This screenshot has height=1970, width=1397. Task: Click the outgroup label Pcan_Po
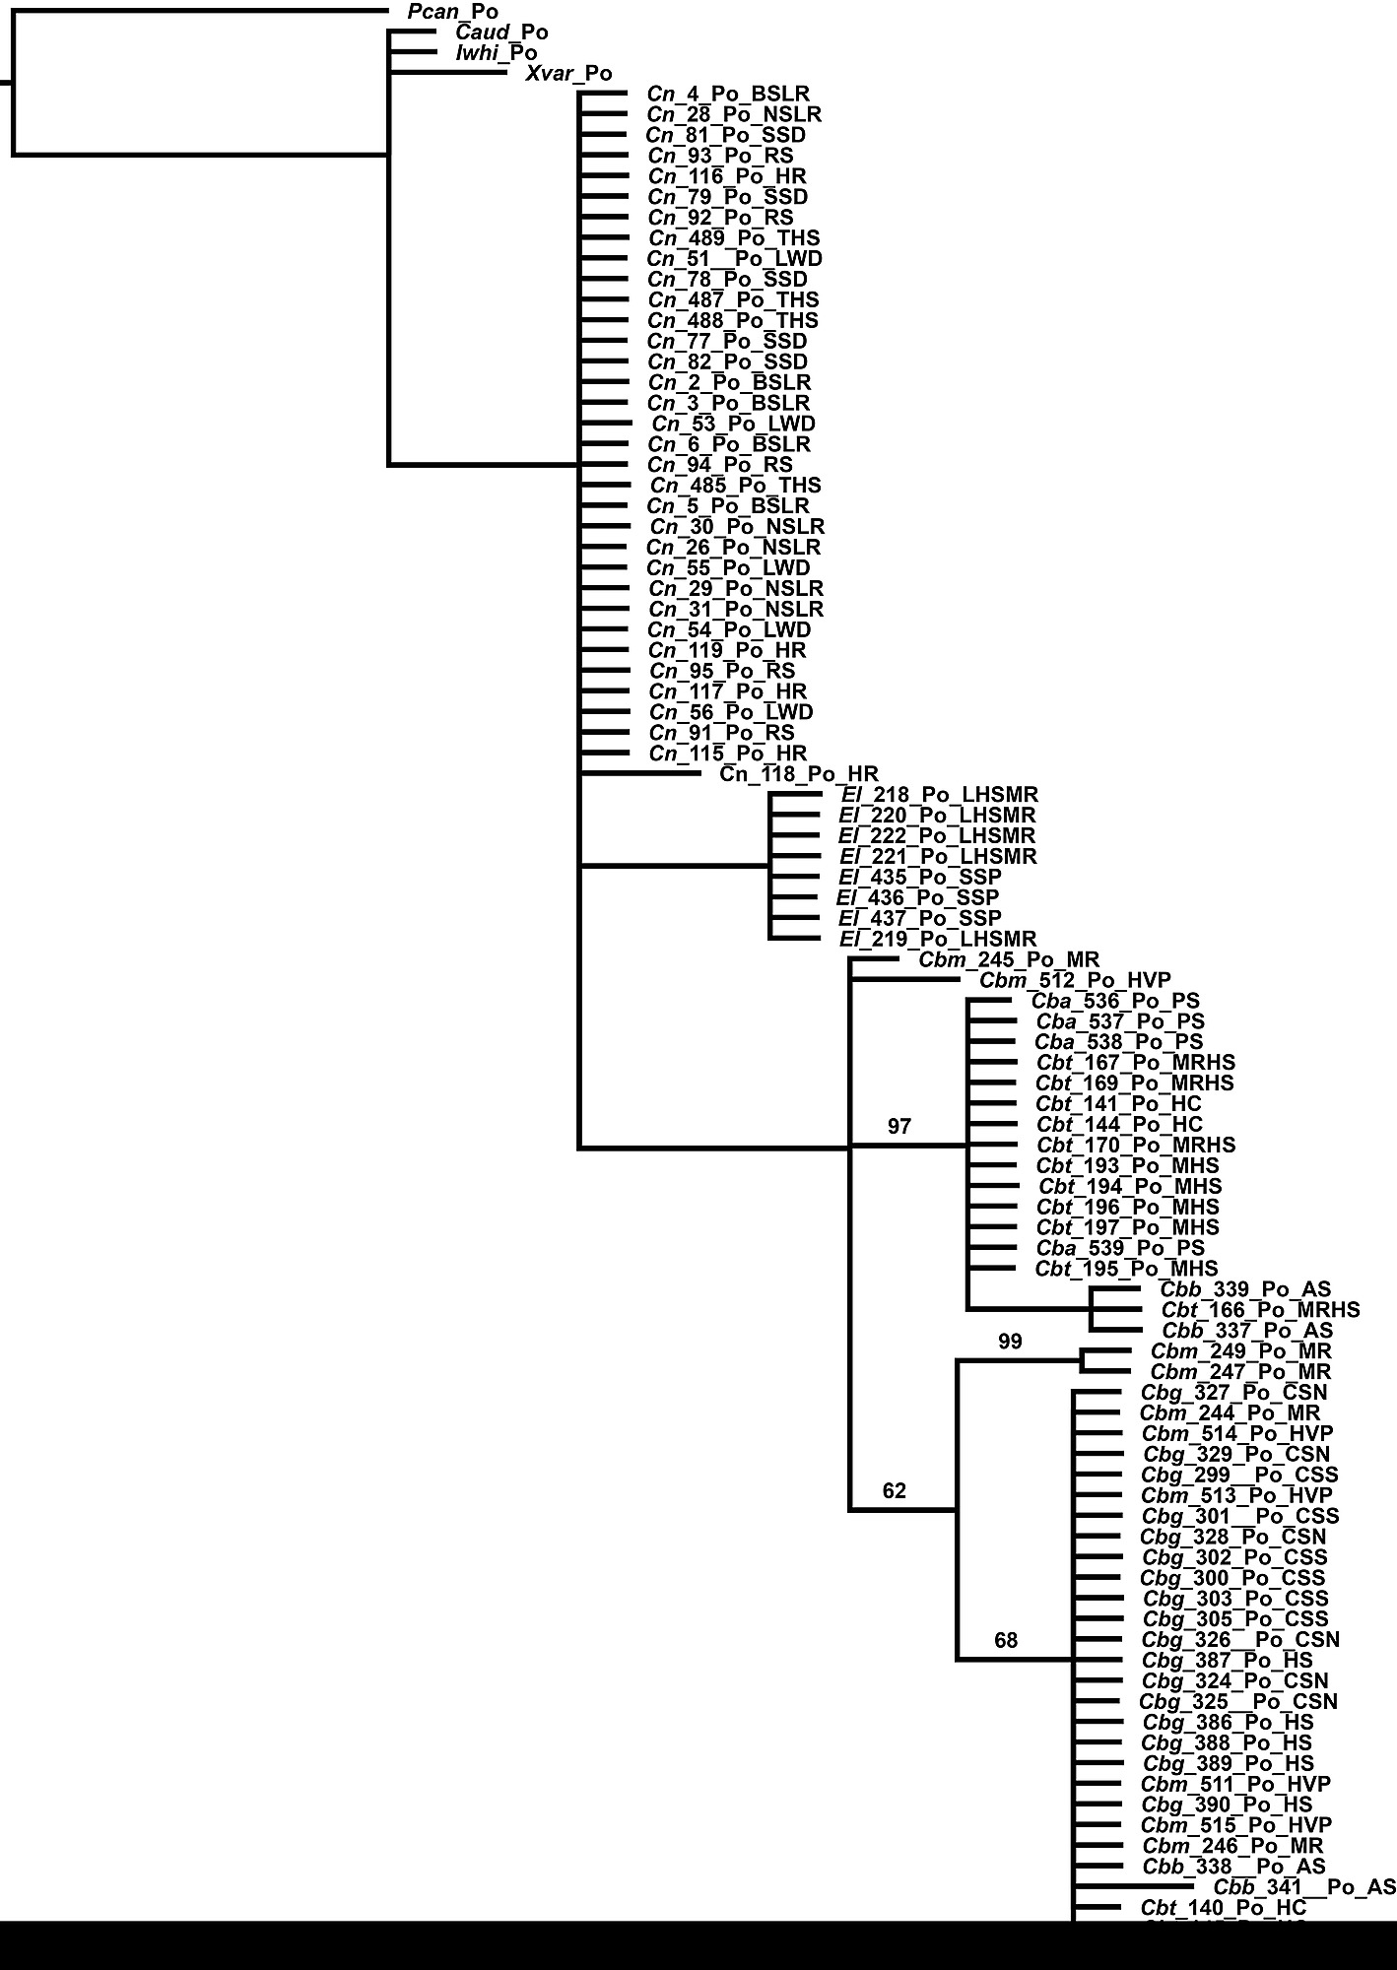tap(452, 12)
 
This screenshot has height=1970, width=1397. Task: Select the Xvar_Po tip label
tap(568, 74)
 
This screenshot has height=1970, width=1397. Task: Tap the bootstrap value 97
tap(899, 1127)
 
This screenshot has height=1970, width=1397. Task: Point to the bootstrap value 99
tap(1010, 1342)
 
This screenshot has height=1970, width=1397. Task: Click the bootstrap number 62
tap(894, 1491)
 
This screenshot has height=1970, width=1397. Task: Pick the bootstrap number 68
tap(1006, 1640)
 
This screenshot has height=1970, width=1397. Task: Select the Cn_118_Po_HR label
tap(799, 774)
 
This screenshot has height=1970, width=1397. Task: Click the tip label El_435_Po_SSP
tap(919, 877)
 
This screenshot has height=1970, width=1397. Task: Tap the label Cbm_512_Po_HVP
tap(1075, 980)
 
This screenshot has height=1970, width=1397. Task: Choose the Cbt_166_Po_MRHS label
tap(1260, 1310)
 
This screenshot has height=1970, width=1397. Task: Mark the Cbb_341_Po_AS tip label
tap(1304, 1887)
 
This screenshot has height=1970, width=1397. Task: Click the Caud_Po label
tap(501, 33)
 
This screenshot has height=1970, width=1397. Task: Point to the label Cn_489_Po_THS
tap(734, 238)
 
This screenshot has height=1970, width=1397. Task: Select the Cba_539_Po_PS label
tap(1120, 1248)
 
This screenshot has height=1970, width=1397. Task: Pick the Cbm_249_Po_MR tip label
tap(1240, 1351)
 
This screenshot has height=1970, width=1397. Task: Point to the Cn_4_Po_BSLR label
tap(728, 95)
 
